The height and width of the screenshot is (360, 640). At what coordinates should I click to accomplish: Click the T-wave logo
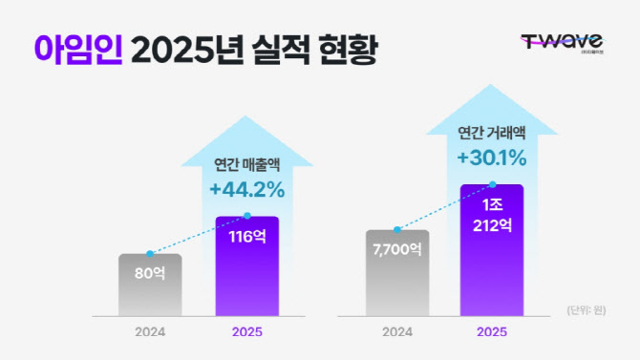[x=561, y=44]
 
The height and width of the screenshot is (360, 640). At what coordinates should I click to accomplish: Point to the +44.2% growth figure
[x=246, y=190]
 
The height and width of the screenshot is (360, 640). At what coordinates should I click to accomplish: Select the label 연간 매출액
[x=246, y=163]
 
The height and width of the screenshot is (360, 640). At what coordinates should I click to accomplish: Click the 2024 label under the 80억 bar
[x=150, y=333]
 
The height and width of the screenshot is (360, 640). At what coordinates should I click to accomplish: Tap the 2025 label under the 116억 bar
[x=247, y=333]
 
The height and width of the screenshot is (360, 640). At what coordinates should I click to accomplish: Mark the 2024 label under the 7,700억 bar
[x=397, y=333]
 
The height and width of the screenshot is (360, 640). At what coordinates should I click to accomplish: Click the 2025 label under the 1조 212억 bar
[x=492, y=333]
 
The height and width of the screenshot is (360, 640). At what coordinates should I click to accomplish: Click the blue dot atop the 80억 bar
[x=150, y=254]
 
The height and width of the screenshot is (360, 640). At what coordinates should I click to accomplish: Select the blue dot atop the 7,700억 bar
[x=397, y=230]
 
